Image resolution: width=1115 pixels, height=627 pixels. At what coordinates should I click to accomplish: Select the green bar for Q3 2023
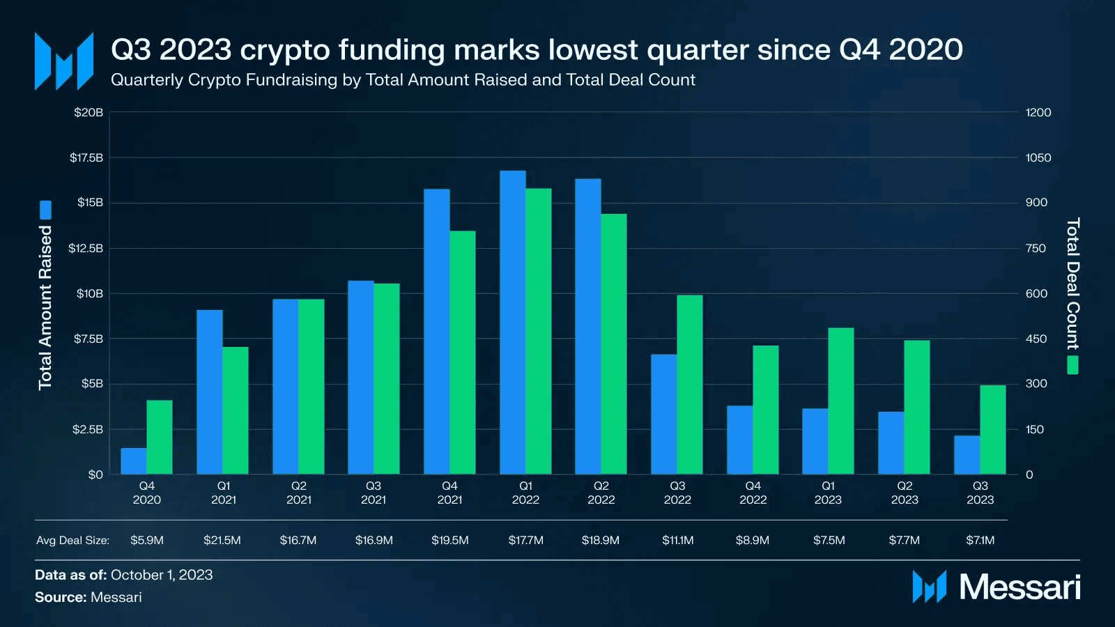(992, 430)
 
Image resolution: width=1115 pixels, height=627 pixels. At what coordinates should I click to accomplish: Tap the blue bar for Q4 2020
(133, 461)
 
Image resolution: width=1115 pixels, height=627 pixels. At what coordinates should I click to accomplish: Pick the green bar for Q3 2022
(689, 385)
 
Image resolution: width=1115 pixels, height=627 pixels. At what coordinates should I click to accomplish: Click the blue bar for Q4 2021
(436, 332)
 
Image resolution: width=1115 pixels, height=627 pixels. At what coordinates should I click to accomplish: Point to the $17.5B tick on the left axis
(86, 157)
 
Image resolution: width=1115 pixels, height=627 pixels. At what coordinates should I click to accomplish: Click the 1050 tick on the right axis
(1038, 157)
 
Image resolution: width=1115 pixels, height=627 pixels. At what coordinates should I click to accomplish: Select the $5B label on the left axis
(92, 384)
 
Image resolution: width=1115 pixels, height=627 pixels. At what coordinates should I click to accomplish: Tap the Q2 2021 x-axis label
(298, 493)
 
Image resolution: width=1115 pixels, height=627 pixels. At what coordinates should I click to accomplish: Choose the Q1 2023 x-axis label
(828, 493)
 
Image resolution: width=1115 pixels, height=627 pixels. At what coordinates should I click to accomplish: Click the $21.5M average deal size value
(222, 540)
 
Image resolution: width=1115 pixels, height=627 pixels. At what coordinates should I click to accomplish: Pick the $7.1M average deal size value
(980, 540)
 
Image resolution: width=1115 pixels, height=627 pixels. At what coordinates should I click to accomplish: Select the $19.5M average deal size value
(449, 540)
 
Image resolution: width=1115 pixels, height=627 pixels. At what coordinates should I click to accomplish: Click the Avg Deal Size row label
(72, 540)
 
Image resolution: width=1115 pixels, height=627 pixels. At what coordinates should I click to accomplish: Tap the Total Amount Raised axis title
(45, 307)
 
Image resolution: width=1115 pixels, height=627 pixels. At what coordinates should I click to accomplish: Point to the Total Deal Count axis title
(1072, 284)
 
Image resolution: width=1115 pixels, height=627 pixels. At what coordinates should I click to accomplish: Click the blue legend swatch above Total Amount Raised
(45, 210)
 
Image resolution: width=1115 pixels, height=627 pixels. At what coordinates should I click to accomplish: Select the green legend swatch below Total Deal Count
(1072, 365)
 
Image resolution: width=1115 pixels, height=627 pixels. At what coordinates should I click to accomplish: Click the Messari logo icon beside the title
(64, 61)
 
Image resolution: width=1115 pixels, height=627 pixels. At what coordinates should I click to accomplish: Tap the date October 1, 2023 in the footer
(162, 575)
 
